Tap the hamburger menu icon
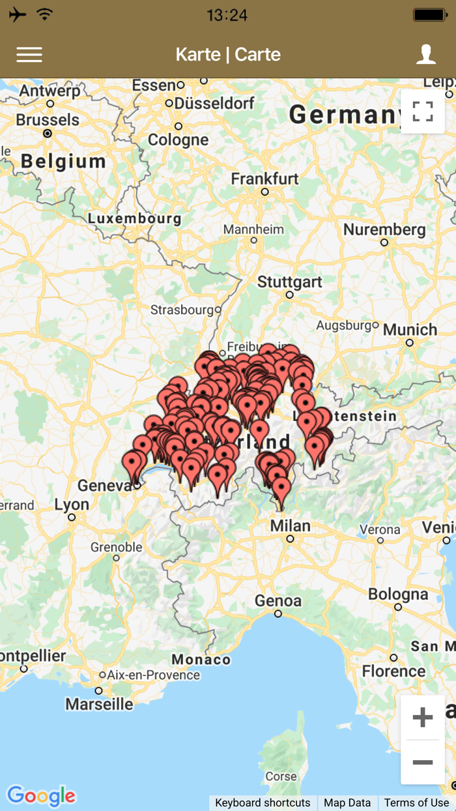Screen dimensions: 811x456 [29, 55]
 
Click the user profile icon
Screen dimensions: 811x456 [426, 54]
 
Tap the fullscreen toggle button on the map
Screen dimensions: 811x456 [422, 111]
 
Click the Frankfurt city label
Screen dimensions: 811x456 [264, 179]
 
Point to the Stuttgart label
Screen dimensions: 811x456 [290, 282]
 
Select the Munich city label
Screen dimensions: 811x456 [410, 330]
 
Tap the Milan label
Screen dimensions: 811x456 [290, 526]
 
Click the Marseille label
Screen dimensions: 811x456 [99, 704]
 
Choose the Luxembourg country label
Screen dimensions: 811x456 [135, 218]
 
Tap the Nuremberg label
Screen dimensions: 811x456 [384, 229]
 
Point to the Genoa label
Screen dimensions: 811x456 [278, 600]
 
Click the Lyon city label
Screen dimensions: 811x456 [72, 505]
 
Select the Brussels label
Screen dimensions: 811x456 [48, 120]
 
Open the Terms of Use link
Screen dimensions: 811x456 [416, 803]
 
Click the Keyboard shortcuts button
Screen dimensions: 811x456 [263, 803]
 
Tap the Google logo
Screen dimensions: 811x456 [41, 796]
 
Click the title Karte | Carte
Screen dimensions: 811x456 [228, 55]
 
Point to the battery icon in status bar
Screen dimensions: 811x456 [431, 14]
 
